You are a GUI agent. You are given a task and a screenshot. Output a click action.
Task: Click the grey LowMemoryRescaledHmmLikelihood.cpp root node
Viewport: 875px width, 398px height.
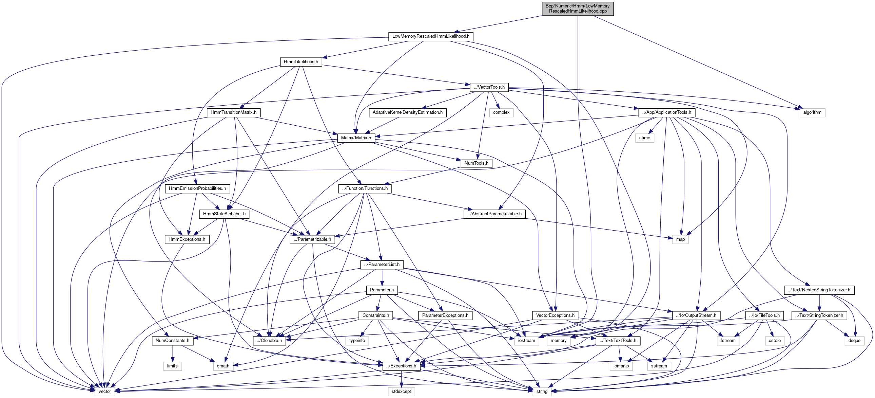coord(578,8)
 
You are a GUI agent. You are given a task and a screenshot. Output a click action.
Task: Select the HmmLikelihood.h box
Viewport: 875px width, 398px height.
coord(301,61)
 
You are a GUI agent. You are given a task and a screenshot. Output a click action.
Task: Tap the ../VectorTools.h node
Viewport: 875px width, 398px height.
coord(489,87)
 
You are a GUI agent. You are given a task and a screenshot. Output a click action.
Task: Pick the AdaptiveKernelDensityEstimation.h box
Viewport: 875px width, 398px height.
coord(407,112)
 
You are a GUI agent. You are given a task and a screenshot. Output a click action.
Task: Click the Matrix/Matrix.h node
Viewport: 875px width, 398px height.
coord(356,138)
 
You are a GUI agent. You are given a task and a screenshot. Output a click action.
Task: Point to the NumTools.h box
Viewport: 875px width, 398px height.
coord(476,163)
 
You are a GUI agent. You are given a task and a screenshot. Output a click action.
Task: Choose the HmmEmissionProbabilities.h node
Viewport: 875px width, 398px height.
coord(197,188)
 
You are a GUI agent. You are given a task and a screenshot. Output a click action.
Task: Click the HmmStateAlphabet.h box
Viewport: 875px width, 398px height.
coord(224,214)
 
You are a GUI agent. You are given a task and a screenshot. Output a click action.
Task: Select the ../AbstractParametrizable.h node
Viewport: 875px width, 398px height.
coord(494,214)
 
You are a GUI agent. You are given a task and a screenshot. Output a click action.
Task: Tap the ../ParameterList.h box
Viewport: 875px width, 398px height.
coord(382,264)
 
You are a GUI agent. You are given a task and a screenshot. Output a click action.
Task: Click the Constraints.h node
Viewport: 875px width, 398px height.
coord(376,315)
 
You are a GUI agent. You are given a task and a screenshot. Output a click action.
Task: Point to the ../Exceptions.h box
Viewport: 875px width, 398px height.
coord(401,366)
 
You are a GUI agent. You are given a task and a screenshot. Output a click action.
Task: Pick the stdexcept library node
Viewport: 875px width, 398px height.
coord(401,392)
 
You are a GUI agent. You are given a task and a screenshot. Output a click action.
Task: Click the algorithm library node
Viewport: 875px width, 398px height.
coord(812,112)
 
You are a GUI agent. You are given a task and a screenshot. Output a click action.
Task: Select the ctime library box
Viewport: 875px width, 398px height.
coord(644,138)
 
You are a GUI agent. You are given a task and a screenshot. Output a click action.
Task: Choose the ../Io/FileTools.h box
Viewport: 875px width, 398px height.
coord(764,315)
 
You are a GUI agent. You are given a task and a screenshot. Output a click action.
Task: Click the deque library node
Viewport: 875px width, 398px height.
coord(854,341)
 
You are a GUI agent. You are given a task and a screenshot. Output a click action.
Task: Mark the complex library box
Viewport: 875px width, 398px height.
coord(501,112)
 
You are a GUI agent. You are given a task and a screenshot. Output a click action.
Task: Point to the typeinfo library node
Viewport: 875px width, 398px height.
coord(357,341)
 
